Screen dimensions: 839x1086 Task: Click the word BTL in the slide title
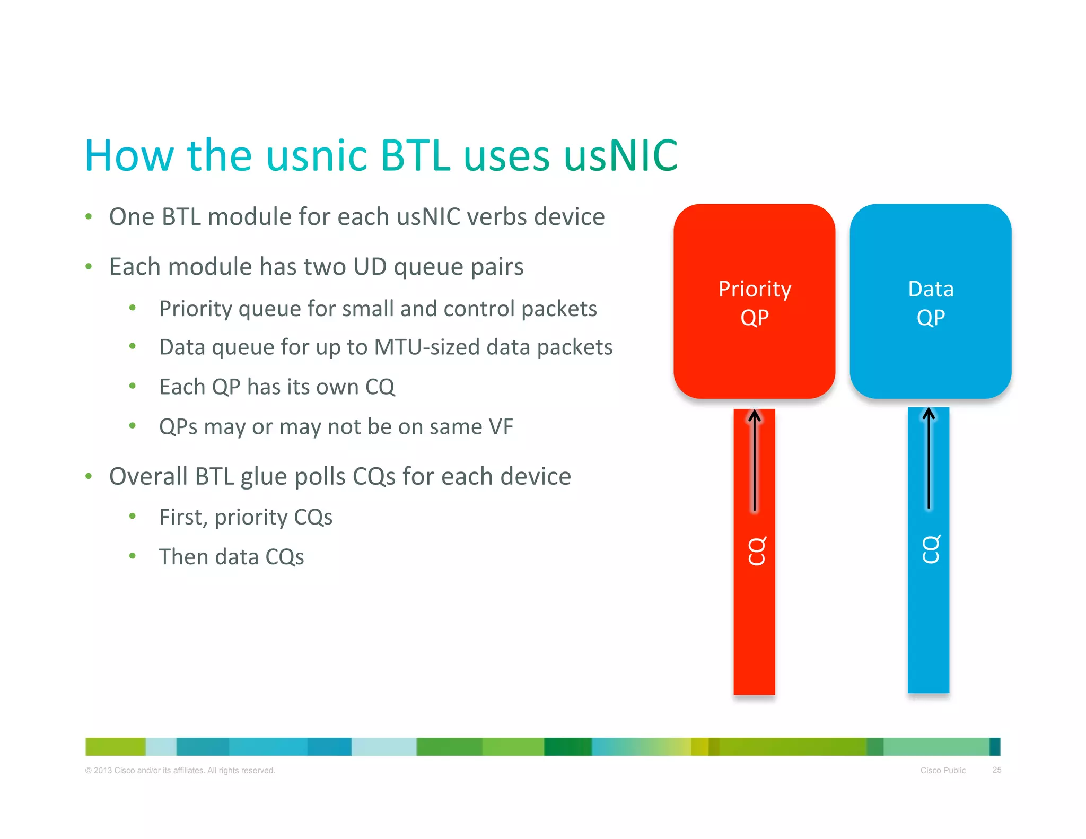pyautogui.click(x=415, y=156)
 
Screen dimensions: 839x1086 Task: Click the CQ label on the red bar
pyautogui.click(x=757, y=551)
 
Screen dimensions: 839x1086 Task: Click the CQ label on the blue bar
pyautogui.click(x=931, y=549)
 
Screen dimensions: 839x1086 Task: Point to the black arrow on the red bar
pyautogui.click(x=755, y=459)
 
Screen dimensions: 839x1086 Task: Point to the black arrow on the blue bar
pyautogui.click(x=929, y=457)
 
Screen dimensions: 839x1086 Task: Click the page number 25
pyautogui.click(x=996, y=770)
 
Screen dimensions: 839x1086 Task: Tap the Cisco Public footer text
pyautogui.click(x=943, y=770)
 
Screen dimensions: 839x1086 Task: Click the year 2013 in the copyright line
pyautogui.click(x=102, y=770)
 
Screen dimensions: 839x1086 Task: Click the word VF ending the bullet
pyautogui.click(x=501, y=427)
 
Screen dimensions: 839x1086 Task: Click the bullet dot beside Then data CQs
pyautogui.click(x=133, y=556)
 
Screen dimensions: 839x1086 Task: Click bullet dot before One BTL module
pyautogui.click(x=89, y=216)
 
